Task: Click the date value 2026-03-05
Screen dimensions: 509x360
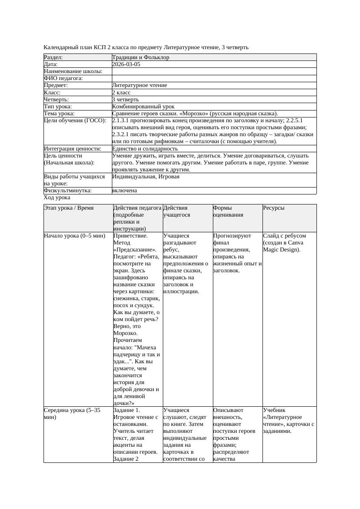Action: (126, 64)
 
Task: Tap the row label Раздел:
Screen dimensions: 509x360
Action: (54, 57)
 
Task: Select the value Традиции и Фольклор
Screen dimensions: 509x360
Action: (141, 57)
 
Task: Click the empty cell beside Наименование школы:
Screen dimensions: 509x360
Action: (214, 71)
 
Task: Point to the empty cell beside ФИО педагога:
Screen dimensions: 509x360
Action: (214, 78)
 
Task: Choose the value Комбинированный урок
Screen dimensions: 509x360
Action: (143, 107)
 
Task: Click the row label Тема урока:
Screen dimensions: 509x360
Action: (60, 114)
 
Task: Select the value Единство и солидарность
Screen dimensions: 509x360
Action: (145, 149)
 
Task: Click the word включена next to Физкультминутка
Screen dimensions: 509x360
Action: (124, 191)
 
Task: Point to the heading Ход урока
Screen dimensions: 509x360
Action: (57, 198)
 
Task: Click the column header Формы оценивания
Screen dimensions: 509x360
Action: (222, 211)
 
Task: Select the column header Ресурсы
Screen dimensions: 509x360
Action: (274, 208)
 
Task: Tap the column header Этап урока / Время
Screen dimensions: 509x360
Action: (69, 208)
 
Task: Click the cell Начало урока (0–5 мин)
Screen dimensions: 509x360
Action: (74, 236)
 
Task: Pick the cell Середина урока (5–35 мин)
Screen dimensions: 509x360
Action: (72, 413)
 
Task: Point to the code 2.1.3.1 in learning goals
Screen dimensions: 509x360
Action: (122, 121)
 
